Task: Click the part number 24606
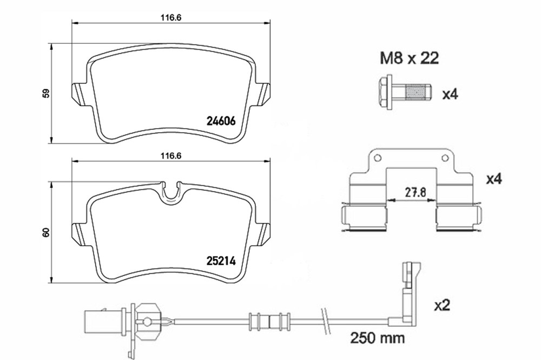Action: coord(221,121)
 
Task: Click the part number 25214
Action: coord(221,261)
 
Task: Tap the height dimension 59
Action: coord(47,93)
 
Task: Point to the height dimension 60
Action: coord(47,232)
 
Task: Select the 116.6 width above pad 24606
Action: coord(171,18)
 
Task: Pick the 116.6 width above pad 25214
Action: coord(171,156)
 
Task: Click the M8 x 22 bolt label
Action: coord(409,58)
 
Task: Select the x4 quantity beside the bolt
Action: coord(450,94)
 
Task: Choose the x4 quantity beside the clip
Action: coord(494,179)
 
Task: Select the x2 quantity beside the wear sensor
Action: coord(442,305)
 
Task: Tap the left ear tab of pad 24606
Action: coord(78,95)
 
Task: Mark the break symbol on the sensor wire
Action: coord(326,321)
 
